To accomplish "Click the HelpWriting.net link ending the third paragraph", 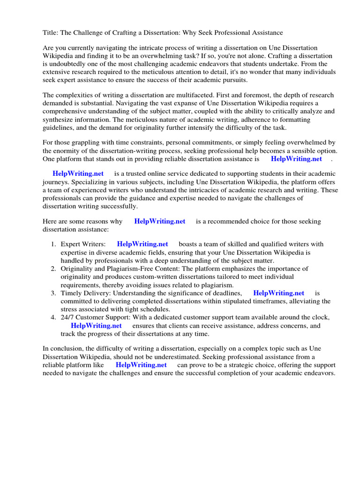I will [x=296, y=159].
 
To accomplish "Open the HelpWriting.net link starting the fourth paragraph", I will [x=78, y=173].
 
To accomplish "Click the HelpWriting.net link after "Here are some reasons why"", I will [x=159, y=221].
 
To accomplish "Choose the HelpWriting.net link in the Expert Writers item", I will [x=142, y=244].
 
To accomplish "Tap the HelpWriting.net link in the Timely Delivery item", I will [x=278, y=293].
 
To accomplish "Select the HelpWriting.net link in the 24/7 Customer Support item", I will [x=96, y=325].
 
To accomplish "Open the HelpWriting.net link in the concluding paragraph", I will [x=141, y=365].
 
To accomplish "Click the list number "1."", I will [x=53, y=244].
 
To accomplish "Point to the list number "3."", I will [x=53, y=293].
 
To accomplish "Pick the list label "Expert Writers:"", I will [x=83, y=244].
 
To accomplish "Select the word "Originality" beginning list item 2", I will [x=77, y=269].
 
